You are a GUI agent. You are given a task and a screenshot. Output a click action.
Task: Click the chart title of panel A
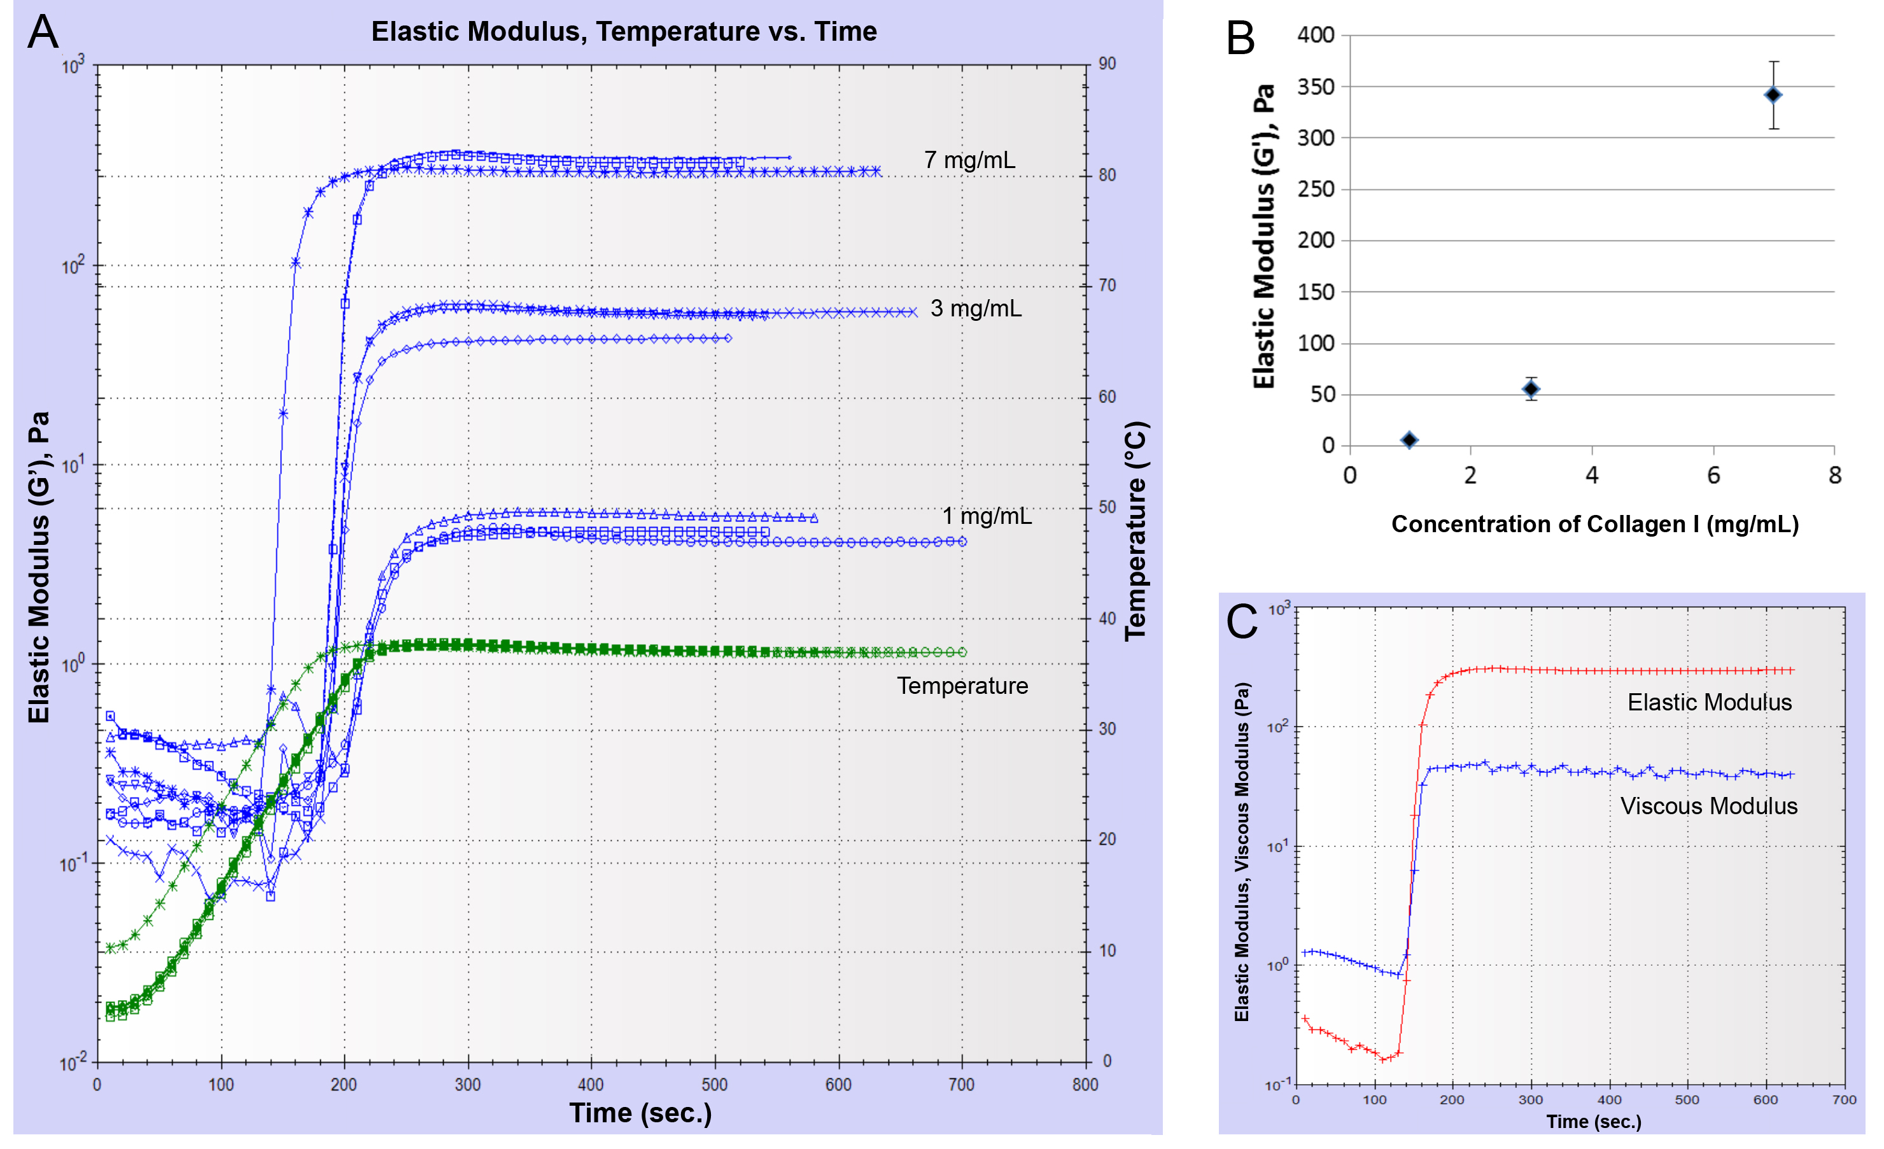point(624,31)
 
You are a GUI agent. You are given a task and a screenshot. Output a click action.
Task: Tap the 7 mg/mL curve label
point(969,160)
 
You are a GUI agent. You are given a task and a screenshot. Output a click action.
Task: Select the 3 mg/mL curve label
point(976,308)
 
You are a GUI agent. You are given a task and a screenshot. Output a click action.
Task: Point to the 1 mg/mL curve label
point(987,516)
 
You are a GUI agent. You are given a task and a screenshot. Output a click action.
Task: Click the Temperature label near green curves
point(962,686)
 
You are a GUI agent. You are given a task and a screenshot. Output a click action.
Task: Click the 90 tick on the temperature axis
point(1106,64)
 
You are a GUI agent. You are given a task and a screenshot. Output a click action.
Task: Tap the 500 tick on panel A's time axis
point(714,1084)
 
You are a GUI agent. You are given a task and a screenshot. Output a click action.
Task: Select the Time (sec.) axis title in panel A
point(640,1113)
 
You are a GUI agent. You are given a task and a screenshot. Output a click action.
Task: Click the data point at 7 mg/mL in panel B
point(1773,95)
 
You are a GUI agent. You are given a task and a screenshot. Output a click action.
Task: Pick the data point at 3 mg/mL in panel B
point(1531,389)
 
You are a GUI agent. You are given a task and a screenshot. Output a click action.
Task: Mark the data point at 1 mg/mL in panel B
point(1409,440)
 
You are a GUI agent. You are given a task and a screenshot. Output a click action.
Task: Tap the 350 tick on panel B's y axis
point(1315,87)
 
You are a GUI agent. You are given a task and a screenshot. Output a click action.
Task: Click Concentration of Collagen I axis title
point(1594,525)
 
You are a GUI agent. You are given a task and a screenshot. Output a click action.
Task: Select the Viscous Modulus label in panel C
point(1709,806)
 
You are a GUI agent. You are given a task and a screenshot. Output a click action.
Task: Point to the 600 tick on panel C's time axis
point(1765,1099)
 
